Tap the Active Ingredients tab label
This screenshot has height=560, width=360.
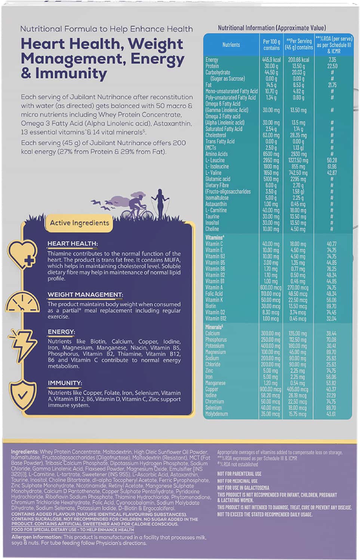(79, 223)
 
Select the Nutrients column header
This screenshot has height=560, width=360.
(231, 45)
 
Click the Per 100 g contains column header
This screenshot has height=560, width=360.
(271, 45)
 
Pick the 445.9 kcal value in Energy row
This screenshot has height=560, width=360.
(271, 60)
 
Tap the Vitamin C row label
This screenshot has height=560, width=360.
(214, 244)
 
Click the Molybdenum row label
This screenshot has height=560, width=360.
(216, 414)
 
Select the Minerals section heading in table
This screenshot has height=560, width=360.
(214, 327)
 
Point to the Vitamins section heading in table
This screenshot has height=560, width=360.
(215, 238)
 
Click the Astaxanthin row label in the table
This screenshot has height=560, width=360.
(216, 204)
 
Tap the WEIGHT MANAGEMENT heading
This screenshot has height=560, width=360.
(85, 295)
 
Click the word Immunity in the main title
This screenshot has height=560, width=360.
(71, 73)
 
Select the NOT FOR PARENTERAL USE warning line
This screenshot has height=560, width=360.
(239, 474)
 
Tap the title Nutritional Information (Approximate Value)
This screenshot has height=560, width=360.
(272, 28)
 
